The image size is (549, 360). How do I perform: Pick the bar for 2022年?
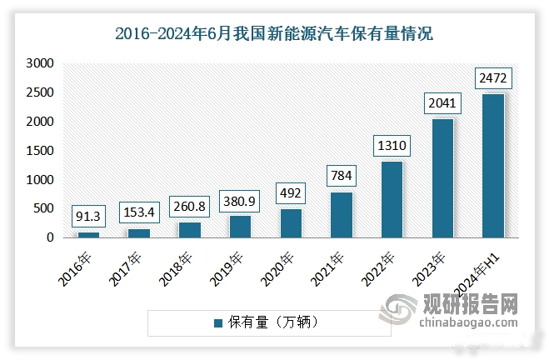point(392,199)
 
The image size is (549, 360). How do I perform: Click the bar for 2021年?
point(341,214)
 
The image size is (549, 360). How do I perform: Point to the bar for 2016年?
point(88,235)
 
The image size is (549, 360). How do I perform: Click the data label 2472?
point(493,80)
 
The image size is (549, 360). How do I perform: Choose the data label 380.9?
point(240,201)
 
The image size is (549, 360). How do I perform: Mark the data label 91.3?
point(88,217)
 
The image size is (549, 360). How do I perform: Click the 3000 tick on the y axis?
point(39,63)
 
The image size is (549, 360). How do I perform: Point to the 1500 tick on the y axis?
point(39,151)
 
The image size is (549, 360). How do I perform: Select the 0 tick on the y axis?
point(50,238)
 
